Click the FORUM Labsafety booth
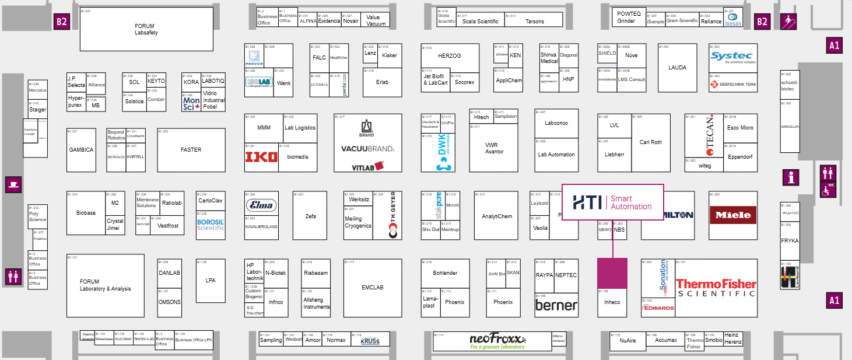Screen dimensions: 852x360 [146, 29]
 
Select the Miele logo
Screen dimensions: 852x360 [734, 215]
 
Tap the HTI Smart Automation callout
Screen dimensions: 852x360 [612, 202]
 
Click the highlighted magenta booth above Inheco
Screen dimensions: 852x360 [612, 273]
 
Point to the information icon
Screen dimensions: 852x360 [791, 178]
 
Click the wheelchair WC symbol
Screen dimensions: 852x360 [829, 190]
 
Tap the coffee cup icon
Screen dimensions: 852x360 [13, 185]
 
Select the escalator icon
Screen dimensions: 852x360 [788, 22]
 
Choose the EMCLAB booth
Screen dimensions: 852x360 [373, 287]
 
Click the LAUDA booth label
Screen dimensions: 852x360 [677, 67]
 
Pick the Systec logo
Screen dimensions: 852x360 [733, 57]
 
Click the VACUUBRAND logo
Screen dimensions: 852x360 [367, 149]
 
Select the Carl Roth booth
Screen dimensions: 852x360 [651, 142]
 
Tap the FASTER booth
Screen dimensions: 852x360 [191, 149]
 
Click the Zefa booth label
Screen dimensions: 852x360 [310, 216]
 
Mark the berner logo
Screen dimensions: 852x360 [556, 305]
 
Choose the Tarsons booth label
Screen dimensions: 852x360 [535, 22]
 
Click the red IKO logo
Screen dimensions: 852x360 [261, 156]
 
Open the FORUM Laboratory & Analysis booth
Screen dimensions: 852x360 [105, 285]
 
